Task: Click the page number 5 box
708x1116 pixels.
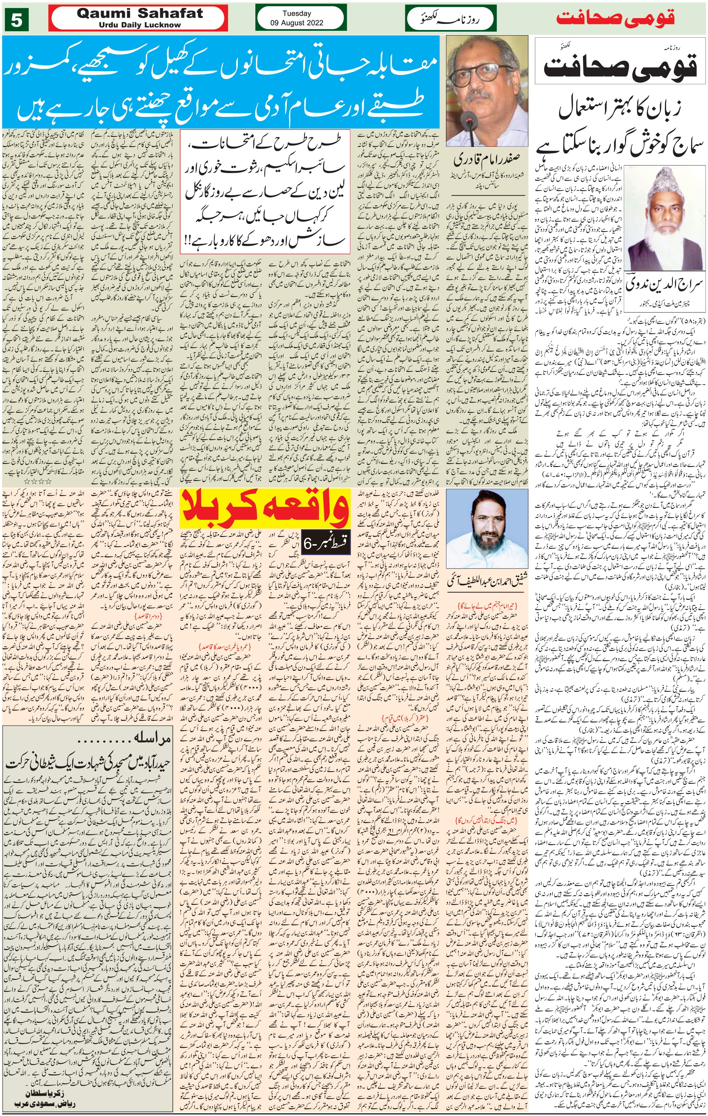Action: (x=17, y=21)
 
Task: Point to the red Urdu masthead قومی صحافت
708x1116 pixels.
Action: (x=615, y=19)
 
